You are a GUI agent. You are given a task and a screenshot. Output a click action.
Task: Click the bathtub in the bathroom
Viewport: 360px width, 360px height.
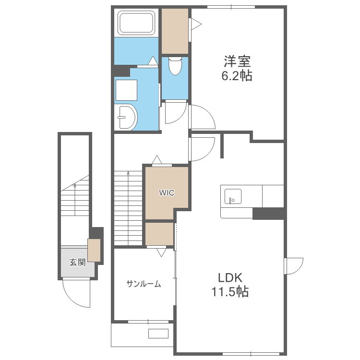pyautogui.click(x=136, y=23)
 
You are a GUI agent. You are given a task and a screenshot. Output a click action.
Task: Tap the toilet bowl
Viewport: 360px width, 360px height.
pyautogui.click(x=175, y=66)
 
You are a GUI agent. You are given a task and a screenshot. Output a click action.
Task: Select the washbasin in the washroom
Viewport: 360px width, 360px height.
pyautogui.click(x=127, y=117)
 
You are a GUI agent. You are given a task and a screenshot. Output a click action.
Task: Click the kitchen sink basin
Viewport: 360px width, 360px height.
pyautogui.click(x=233, y=196)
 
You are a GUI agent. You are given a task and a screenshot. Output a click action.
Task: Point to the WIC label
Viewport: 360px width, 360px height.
pyautogui.click(x=167, y=192)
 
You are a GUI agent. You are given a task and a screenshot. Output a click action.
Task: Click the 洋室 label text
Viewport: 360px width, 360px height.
pyautogui.click(x=237, y=61)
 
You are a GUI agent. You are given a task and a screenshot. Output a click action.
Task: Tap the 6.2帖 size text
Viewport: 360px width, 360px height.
pyautogui.click(x=237, y=75)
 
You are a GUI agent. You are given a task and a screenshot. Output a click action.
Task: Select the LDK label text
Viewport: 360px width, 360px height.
pyautogui.click(x=230, y=277)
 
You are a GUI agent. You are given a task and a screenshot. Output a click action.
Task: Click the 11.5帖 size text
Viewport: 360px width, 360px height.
pyautogui.click(x=230, y=291)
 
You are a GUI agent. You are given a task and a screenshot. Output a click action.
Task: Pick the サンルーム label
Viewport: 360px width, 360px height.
pyautogui.click(x=144, y=284)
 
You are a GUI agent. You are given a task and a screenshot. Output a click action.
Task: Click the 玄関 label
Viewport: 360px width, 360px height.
pyautogui.click(x=77, y=262)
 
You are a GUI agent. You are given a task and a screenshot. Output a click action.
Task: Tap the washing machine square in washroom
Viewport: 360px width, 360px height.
pyautogui.click(x=127, y=90)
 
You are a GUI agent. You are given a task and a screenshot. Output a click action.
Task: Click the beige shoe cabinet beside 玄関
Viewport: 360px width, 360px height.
pyautogui.click(x=94, y=250)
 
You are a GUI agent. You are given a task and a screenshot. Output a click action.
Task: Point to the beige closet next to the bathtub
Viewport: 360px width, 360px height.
pyautogui.click(x=175, y=31)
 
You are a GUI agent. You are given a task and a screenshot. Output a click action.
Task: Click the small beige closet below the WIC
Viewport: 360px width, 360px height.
pyautogui.click(x=159, y=234)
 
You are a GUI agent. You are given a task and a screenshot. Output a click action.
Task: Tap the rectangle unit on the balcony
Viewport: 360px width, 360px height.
pyautogui.click(x=158, y=334)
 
